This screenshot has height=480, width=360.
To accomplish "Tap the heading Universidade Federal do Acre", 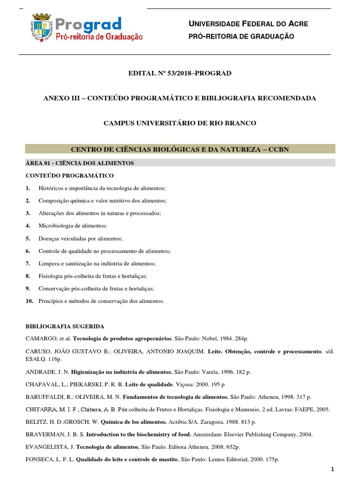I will click(248, 23).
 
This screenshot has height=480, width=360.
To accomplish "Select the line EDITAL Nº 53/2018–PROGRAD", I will click(180, 73).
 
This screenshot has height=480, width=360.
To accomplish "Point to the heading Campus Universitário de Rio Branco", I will click(180, 123).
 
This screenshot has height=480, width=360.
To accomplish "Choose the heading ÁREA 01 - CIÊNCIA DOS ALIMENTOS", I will click(80, 163).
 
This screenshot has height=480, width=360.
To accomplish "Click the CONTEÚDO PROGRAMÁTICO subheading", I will click(70, 175).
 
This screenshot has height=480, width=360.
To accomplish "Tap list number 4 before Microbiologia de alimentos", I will click(28, 225).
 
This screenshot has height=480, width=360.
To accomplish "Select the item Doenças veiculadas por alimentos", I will click(74, 238).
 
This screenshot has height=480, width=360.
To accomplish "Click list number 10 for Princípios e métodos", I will click(30, 301).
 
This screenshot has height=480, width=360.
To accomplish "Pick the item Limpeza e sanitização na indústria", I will click(97, 263).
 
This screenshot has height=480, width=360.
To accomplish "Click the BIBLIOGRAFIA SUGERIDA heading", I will click(65, 326).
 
